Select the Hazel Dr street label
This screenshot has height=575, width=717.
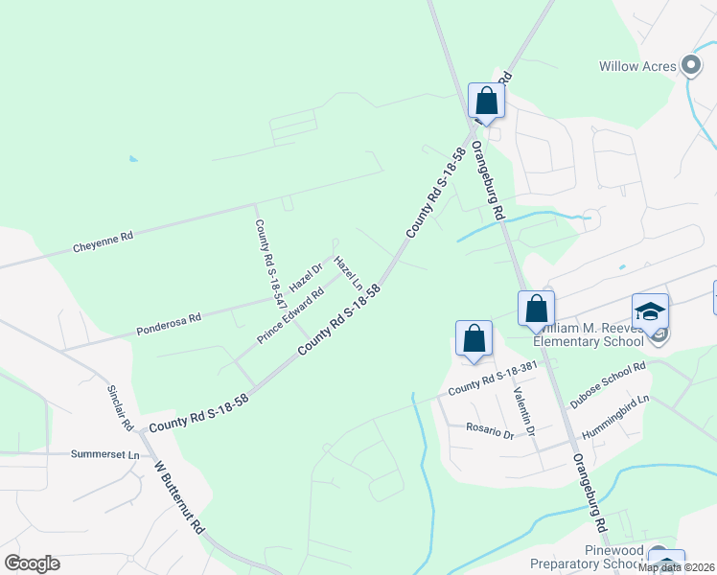coord(304,279)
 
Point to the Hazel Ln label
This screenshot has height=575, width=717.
coord(348,272)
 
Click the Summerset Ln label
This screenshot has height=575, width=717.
coord(105,453)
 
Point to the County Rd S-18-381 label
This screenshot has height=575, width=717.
coord(491,379)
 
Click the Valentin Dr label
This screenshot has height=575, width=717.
coord(523,408)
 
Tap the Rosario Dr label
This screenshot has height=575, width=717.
coord(490,431)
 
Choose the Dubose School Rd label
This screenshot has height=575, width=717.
coord(608,386)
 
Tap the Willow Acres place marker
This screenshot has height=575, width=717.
coord(691,66)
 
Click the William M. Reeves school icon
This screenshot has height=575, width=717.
coord(650,314)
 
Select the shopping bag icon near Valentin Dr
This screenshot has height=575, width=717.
coord(474,339)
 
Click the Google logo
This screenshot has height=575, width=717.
coord(32,563)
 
